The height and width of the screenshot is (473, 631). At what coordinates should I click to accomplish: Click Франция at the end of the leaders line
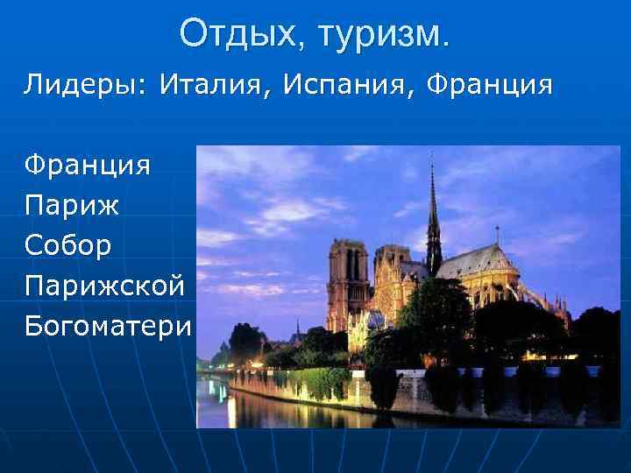point(490,85)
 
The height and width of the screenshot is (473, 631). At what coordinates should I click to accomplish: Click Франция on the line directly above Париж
point(87,165)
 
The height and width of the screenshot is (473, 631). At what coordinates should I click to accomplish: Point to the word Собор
point(68,246)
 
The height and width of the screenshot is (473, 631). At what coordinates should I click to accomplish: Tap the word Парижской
point(104,286)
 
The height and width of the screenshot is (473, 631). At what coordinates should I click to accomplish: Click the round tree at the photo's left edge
point(246,342)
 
